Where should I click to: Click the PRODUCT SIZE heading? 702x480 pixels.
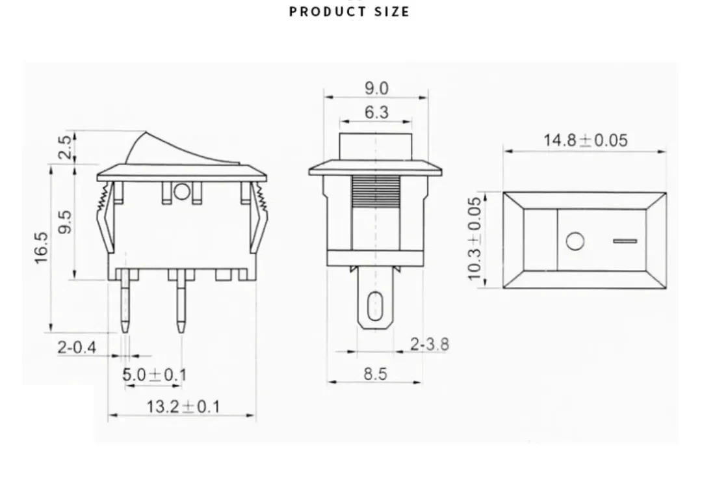(x=349, y=11)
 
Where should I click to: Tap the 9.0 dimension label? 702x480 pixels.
(x=376, y=88)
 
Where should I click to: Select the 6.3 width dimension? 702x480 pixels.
(x=376, y=112)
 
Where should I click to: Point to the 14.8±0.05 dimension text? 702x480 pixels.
(x=586, y=140)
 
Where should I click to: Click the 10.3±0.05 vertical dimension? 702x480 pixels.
(x=474, y=239)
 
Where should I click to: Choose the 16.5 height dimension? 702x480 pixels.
(x=41, y=247)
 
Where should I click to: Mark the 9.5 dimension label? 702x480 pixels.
(x=66, y=222)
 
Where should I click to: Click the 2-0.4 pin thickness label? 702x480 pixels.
(x=77, y=347)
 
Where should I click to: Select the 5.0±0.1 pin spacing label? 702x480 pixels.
(x=155, y=375)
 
